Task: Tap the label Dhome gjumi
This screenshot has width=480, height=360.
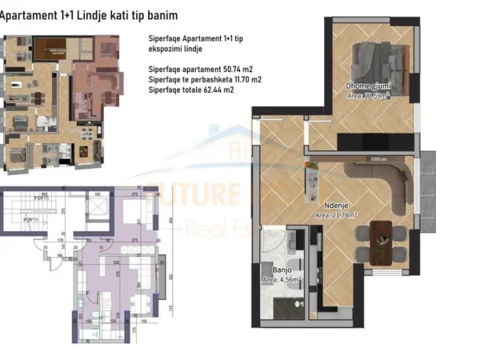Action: [x=367, y=86]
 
